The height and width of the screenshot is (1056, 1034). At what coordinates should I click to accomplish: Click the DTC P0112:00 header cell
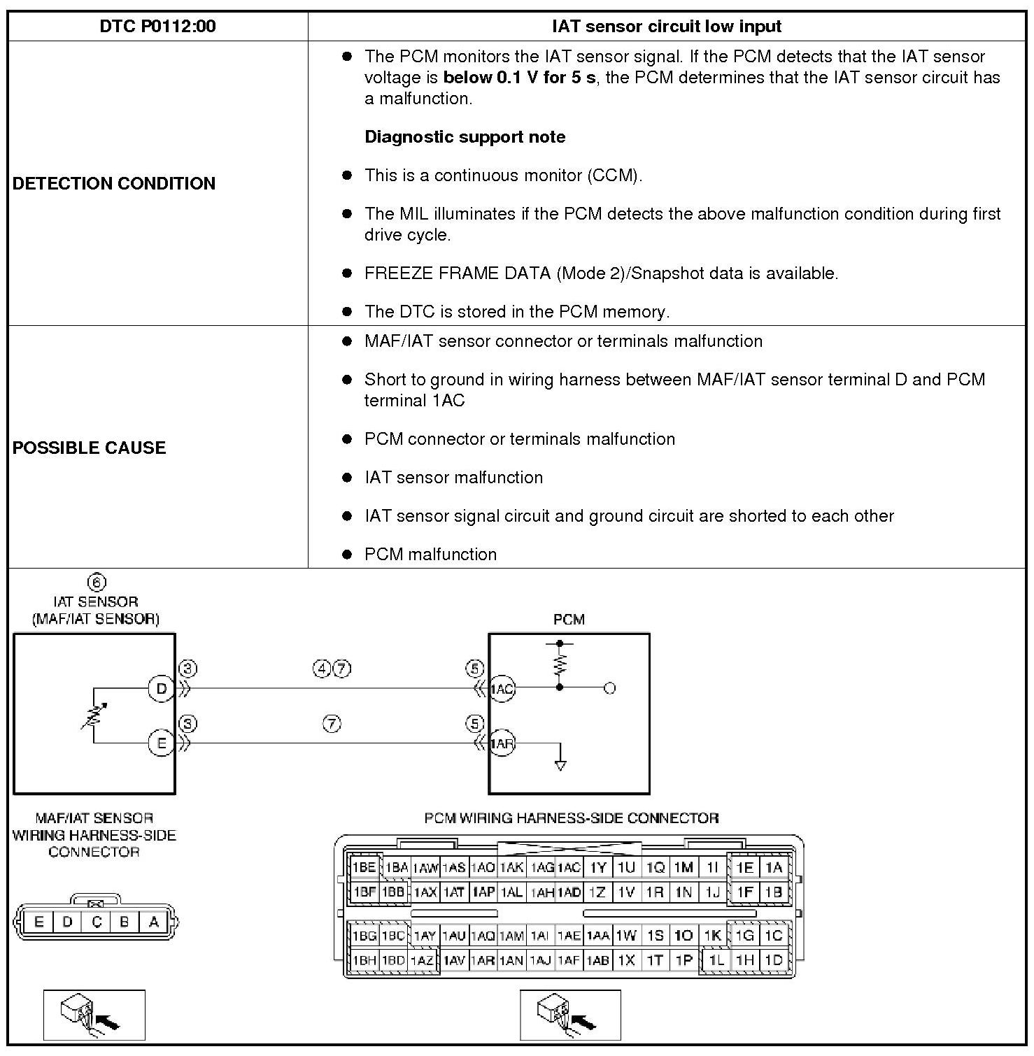pos(157,27)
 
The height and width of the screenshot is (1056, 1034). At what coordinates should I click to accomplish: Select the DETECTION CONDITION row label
pos(114,183)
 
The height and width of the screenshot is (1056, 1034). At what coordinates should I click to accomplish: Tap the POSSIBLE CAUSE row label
pos(89,448)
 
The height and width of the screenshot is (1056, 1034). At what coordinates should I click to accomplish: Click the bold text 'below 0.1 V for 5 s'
pos(519,78)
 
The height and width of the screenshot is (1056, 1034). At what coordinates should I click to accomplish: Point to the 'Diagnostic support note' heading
pos(465,137)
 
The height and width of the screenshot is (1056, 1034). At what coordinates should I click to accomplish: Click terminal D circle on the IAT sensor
pos(161,689)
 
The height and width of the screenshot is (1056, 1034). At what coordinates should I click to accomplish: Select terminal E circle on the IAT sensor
pos(161,743)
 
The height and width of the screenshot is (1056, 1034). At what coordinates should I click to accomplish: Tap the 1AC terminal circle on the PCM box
pos(502,689)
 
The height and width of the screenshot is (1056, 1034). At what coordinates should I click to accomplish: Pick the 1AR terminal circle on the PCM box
pos(502,743)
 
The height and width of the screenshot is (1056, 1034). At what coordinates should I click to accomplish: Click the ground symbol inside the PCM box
pos(560,764)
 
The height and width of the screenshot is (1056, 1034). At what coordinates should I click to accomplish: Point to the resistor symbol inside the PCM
pos(560,664)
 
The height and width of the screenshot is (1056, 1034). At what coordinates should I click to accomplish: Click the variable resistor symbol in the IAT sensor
pos(94,715)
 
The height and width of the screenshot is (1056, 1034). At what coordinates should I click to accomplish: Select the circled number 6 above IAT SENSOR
pos(97,583)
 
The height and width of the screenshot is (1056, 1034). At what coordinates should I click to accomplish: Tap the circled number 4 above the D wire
pos(322,669)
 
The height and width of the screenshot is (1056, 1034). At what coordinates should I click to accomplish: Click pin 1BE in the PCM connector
pos(364,868)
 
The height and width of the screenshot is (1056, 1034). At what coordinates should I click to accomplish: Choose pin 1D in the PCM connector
pos(774,960)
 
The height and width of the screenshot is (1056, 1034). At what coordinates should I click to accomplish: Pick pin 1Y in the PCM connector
pos(598,868)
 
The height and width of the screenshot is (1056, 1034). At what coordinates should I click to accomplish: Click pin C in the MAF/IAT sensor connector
pos(97,922)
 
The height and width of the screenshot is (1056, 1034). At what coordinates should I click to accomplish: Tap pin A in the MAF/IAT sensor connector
pos(154,922)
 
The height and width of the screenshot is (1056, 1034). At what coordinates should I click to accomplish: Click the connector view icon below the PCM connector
pos(570,1015)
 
